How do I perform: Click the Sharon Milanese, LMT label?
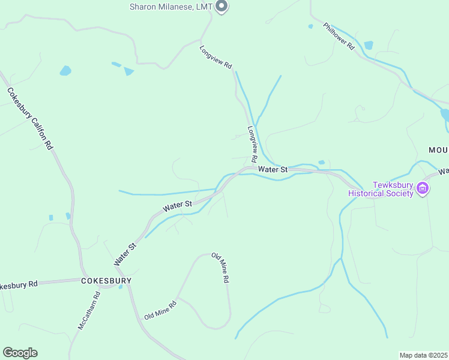click(172, 7)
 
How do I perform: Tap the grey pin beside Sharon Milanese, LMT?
click(221, 7)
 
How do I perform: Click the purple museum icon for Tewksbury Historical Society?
click(423, 189)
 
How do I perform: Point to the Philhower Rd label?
click(339, 37)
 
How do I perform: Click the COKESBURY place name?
click(106, 281)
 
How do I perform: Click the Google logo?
click(19, 353)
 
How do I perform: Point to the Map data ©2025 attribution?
click(423, 355)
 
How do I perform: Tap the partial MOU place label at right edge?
click(438, 149)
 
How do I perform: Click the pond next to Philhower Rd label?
click(368, 45)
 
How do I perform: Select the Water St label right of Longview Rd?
click(273, 170)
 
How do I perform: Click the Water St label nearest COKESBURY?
click(125, 254)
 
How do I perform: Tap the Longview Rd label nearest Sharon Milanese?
click(215, 59)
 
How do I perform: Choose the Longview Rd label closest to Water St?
click(252, 145)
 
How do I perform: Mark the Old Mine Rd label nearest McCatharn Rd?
click(160, 310)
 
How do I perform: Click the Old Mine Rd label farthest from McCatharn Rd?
click(220, 268)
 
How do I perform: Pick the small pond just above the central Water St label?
click(322, 162)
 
